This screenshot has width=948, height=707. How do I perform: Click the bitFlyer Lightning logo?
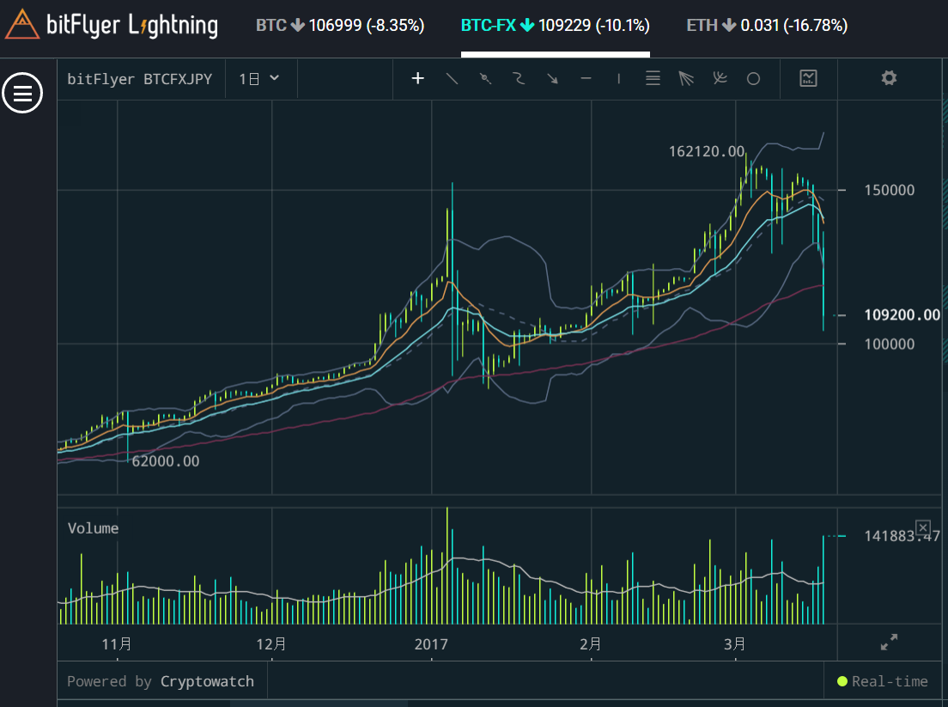coord(112,25)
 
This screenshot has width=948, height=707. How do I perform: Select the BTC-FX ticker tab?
coord(555,26)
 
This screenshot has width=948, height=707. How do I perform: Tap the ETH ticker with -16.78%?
coord(767,26)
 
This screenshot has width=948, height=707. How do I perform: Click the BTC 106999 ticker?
coord(340,26)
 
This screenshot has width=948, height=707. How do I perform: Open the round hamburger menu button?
coord(22,92)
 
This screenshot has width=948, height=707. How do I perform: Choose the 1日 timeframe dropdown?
coord(259,79)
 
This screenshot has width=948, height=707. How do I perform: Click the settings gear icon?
coord(889,78)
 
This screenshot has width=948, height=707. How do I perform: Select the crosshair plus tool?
coord(418,79)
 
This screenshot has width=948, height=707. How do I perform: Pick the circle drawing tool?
coord(753,79)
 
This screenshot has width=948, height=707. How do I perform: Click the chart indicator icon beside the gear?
coord(808,78)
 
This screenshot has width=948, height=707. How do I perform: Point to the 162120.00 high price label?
coord(707,152)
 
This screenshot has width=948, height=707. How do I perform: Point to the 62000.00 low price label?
coord(165,461)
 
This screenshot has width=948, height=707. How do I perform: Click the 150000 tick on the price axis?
coord(889,190)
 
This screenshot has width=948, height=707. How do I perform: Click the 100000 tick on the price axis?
coord(889,344)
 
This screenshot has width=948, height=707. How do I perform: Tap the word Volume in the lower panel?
coord(94,528)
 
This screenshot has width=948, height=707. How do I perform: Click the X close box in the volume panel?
coord(922,527)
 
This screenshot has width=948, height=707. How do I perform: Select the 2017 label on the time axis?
coord(431,643)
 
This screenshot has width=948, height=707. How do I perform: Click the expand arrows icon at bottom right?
coord(890,641)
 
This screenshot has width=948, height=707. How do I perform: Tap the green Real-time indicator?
coord(883,681)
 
